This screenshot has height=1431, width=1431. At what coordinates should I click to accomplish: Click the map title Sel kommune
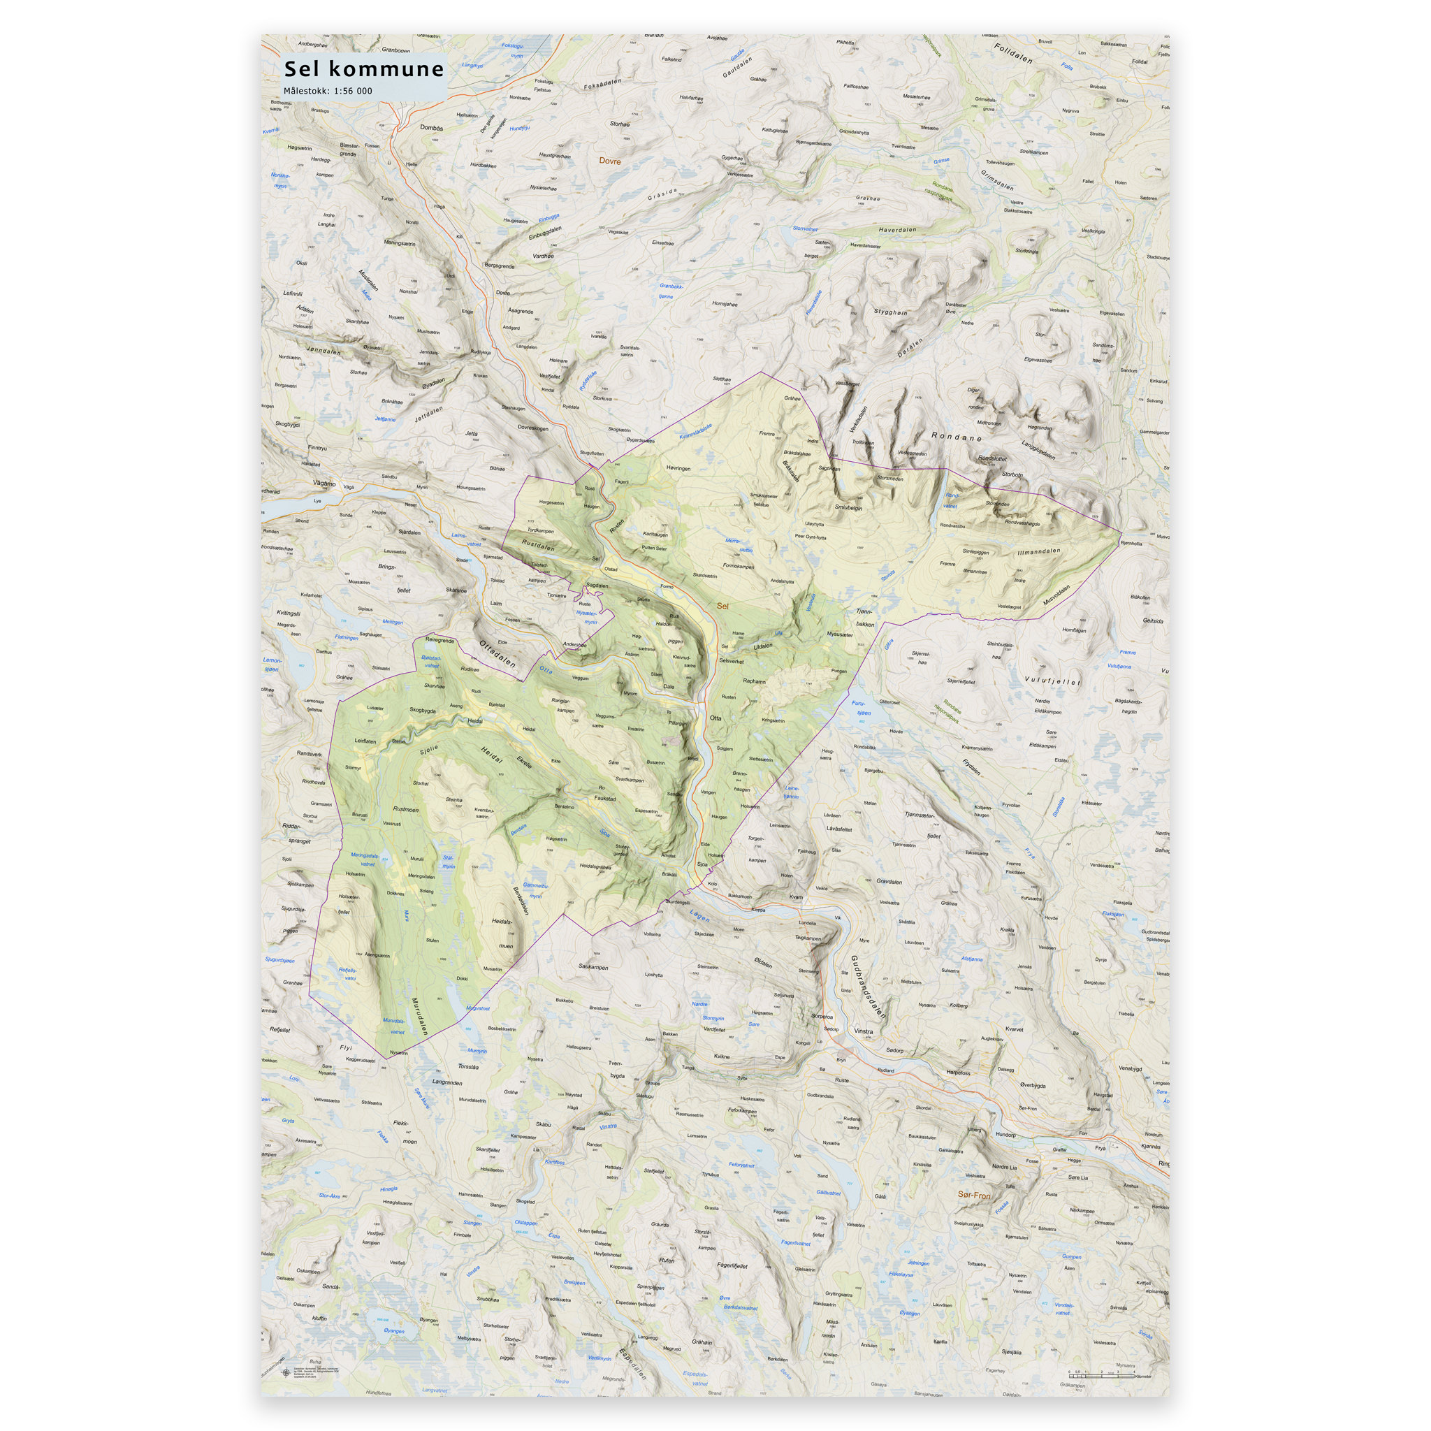pos(363,70)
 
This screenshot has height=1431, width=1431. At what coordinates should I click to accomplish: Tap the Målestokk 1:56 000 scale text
pos(328,91)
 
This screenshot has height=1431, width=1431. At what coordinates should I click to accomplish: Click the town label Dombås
pos(431,127)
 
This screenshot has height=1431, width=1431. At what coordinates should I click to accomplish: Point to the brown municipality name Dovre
pos(609,161)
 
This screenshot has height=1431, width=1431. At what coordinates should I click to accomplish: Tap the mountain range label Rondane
pos(957,437)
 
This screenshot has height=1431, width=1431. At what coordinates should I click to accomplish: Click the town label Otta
pos(715,718)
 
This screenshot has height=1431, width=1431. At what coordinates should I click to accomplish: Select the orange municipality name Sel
pos(723,606)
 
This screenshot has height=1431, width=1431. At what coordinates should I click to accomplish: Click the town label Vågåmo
pos(324,484)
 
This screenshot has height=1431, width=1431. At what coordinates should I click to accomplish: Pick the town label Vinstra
pos(864,1031)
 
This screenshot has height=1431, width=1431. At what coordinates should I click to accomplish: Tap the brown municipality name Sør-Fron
pos(974,1195)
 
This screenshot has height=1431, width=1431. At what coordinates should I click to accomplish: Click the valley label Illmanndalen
pos(1039,551)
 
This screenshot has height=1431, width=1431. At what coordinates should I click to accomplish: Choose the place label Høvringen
pos(678,468)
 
